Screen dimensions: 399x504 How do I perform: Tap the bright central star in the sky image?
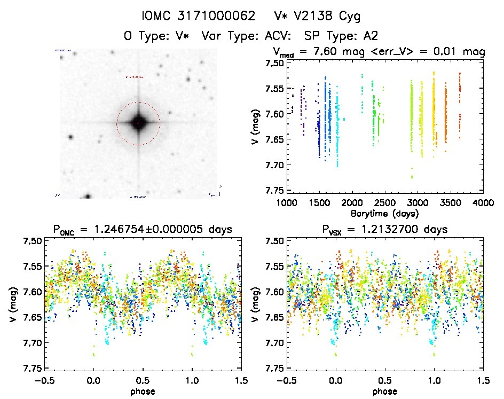point(138,123)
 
